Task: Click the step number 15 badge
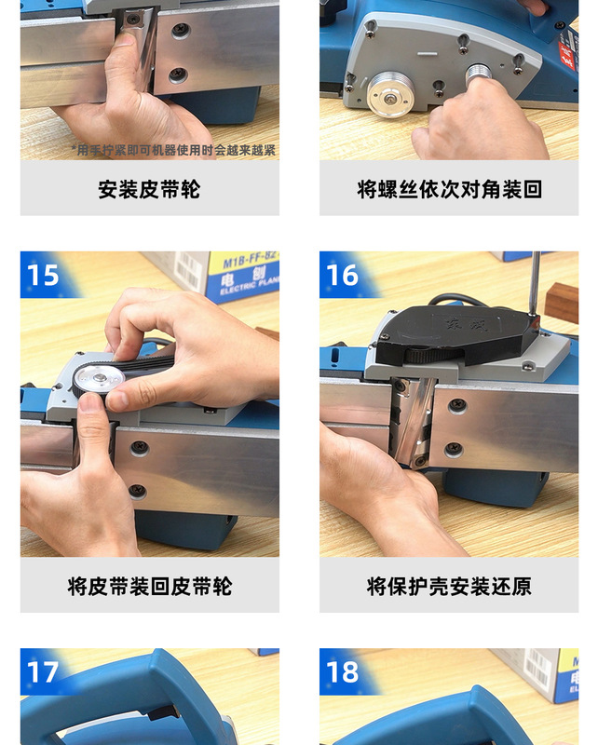43,276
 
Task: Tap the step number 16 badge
342,276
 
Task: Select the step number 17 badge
43,671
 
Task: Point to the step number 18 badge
342,671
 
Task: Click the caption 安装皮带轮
149,189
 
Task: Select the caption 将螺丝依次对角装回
448,189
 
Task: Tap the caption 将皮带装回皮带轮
149,586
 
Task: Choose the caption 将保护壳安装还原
448,586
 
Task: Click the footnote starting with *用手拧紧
173,150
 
